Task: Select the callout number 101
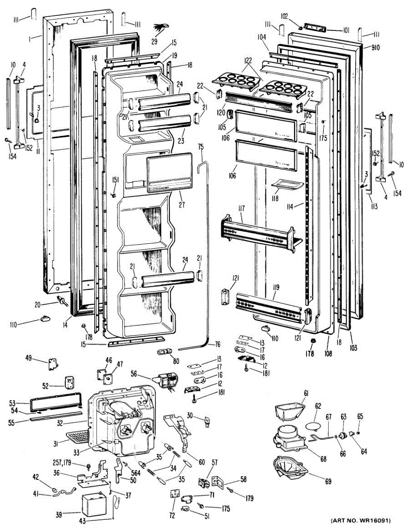pyautogui.click(x=345, y=30)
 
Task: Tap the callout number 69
pyautogui.click(x=328, y=481)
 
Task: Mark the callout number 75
pyautogui.click(x=200, y=147)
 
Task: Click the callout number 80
pyautogui.click(x=176, y=361)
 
